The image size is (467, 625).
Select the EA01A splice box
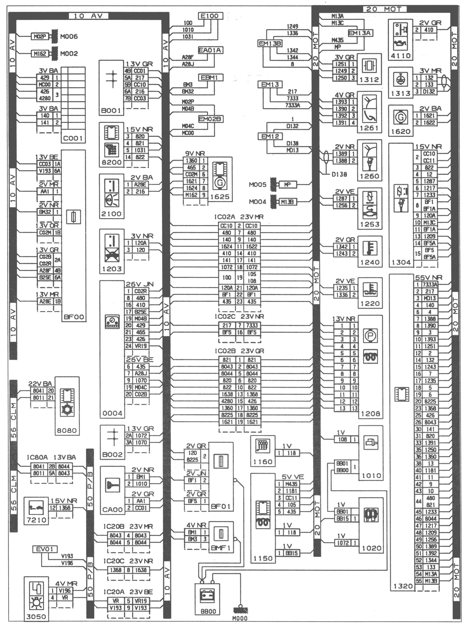[210, 50]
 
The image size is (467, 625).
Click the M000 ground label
[239, 618]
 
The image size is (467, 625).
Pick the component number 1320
[403, 586]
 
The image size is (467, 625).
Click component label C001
[73, 138]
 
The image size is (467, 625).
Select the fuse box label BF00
[74, 317]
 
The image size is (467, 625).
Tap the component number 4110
[400, 56]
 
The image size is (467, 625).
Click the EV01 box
[44, 549]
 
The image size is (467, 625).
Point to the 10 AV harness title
[88, 16]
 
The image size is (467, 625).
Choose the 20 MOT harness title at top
[385, 9]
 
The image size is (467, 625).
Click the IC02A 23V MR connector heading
[239, 217]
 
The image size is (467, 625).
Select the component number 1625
[220, 197]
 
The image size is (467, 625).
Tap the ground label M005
[257, 185]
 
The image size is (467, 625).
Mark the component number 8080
[67, 430]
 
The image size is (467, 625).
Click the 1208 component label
[370, 414]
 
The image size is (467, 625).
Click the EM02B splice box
[210, 119]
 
